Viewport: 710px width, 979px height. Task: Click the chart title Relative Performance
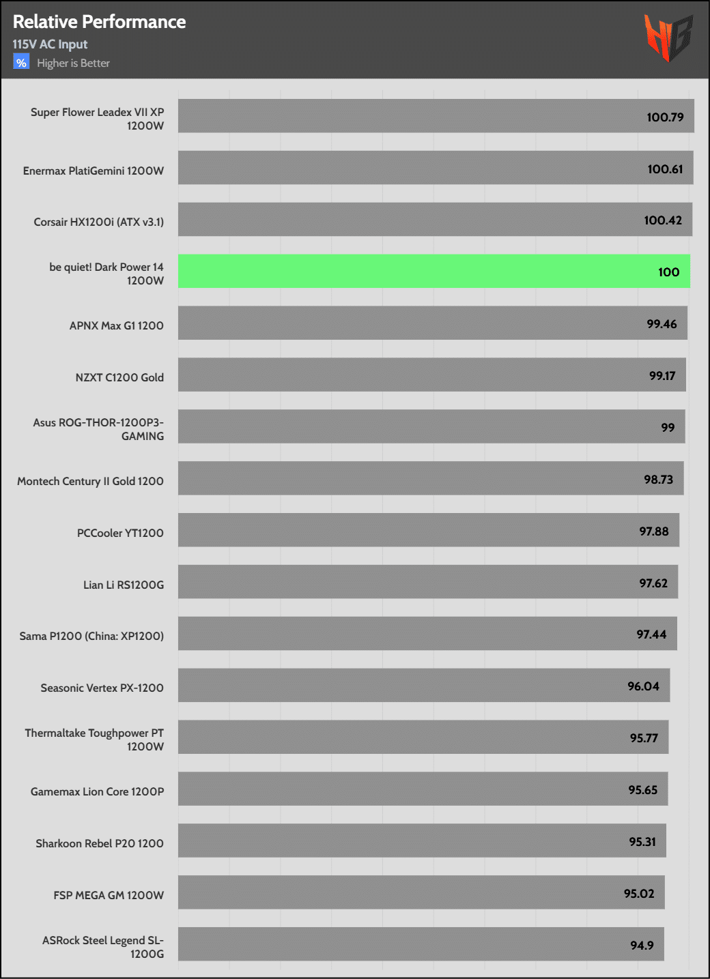99,22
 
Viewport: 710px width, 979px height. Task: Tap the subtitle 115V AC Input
50,44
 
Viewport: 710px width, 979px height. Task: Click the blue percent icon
21,63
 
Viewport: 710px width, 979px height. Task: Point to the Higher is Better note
73,63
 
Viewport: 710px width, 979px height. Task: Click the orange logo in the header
668,38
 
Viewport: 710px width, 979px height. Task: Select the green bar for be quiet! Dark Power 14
434,271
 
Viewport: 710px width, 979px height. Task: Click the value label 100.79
665,117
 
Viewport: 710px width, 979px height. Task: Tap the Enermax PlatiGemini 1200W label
94,171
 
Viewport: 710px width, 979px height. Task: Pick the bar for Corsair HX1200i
435,219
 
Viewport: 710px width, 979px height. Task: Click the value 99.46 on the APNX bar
662,324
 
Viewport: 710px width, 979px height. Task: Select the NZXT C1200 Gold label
119,377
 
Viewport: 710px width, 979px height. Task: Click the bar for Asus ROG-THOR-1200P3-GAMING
431,426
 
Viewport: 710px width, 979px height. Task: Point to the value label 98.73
658,480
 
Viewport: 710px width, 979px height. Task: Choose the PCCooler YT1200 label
120,533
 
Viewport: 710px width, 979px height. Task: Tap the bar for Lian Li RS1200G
428,581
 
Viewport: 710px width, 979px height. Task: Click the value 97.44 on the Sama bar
651,634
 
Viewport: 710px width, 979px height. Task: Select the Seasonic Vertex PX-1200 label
102,688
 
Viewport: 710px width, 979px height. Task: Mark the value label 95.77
644,738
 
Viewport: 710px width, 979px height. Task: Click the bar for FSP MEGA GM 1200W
421,892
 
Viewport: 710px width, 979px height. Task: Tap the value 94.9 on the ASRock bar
642,946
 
